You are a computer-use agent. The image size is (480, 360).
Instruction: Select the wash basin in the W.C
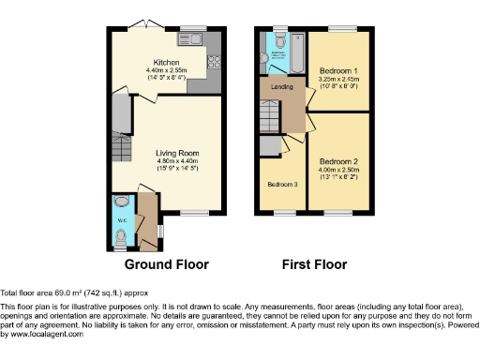[x=120, y=201]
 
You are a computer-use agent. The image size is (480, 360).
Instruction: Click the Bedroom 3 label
[x=282, y=184]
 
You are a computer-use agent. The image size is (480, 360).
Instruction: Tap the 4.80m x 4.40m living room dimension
[x=176, y=160]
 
